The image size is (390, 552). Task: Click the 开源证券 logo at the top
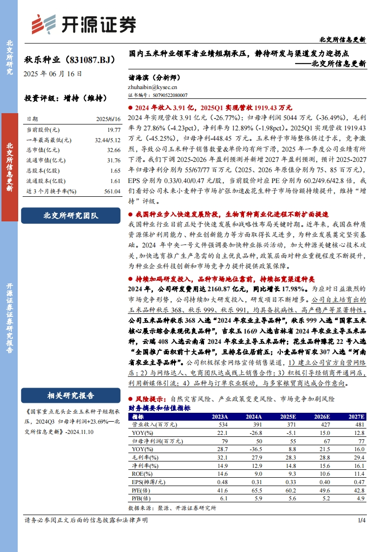(x=77, y=24)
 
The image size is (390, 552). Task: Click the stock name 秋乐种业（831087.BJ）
(x=69, y=60)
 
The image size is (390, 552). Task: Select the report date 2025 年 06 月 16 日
(x=53, y=74)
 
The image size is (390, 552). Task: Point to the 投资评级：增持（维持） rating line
(x=65, y=98)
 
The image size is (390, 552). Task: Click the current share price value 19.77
(x=114, y=129)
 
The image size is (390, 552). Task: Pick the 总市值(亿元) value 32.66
(x=114, y=150)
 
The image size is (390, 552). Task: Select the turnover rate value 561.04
(x=112, y=191)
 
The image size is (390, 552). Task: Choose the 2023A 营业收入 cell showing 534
(x=223, y=424)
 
